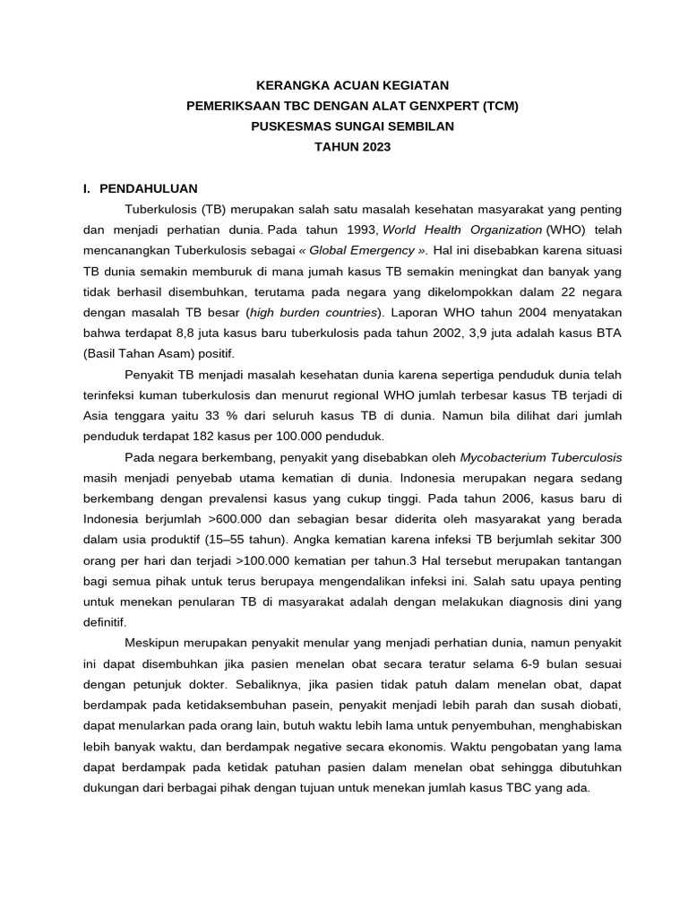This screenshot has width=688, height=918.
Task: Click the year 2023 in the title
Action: [x=373, y=147]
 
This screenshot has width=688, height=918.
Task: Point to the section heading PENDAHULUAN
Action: [x=149, y=188]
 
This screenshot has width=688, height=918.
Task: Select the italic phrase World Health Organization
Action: [x=462, y=229]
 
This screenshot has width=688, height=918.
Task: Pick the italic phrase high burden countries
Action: [x=314, y=312]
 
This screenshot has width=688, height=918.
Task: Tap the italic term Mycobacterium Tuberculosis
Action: [x=540, y=457]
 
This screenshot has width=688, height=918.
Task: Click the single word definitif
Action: [x=105, y=622]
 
